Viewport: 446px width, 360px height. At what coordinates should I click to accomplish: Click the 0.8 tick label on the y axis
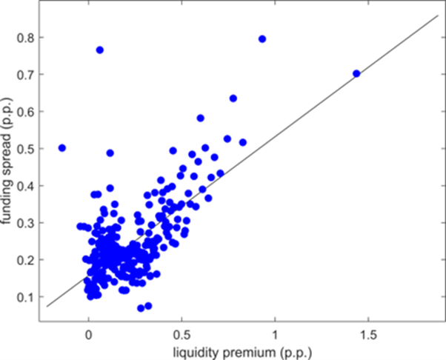[27, 37]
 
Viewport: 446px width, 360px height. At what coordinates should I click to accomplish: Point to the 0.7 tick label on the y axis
[27, 74]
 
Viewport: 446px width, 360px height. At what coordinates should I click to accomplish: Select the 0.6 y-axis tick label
[27, 111]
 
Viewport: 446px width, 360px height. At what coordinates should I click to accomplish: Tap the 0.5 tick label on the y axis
[27, 148]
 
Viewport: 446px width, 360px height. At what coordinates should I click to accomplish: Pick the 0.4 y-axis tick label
[27, 185]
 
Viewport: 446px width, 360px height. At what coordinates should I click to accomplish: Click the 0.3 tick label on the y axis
[27, 222]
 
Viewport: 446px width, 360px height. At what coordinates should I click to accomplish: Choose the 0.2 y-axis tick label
[27, 259]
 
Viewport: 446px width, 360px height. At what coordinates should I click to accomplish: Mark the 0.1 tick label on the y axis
[27, 296]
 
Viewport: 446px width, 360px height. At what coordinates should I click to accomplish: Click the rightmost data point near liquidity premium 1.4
[356, 73]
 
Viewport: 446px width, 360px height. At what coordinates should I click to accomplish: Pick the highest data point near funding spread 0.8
[262, 39]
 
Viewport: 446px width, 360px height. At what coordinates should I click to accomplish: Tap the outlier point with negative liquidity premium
[62, 148]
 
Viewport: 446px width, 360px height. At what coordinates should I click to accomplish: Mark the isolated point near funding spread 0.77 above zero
[100, 50]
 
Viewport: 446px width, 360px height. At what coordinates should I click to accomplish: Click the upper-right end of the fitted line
[439, 15]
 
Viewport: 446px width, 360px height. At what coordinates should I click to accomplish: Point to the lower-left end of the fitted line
[47, 306]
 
